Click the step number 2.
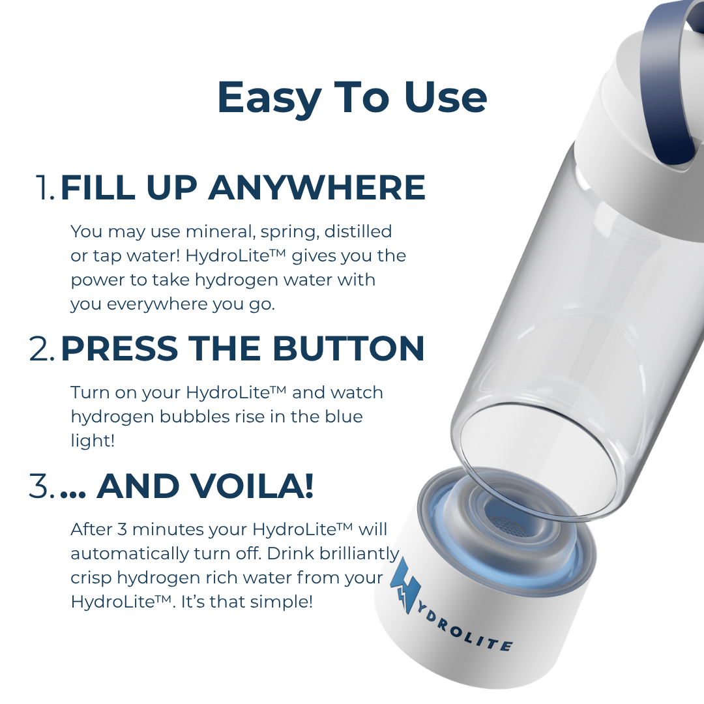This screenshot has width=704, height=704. point(42,349)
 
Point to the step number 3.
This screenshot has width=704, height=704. point(42,487)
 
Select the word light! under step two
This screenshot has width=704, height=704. point(93,441)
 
